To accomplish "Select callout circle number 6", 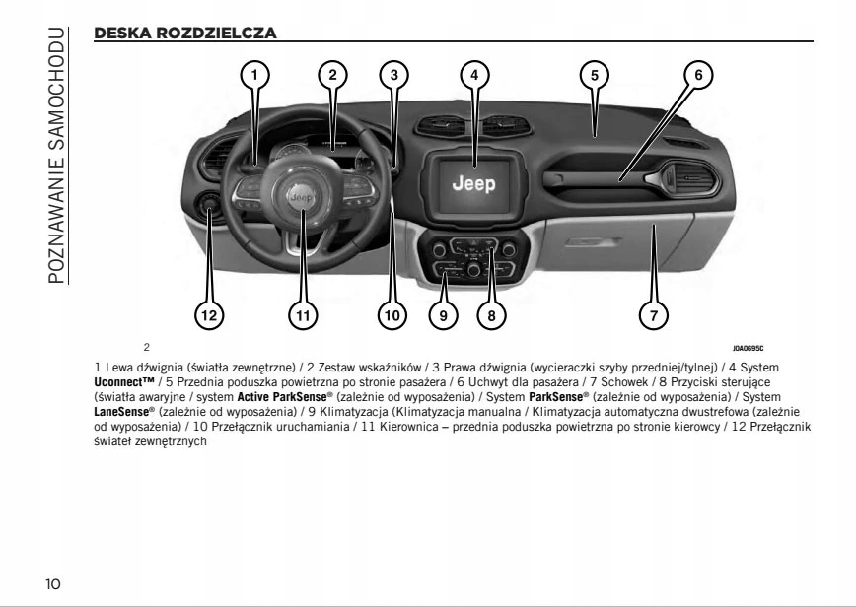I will point(696,74).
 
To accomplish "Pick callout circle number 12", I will point(207,315).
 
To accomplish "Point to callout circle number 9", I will point(444,315).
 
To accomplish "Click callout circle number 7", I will point(650,315).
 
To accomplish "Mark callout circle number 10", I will point(392,315).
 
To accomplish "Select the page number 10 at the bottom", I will point(52,584).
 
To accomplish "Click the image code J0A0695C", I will point(749,347).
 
